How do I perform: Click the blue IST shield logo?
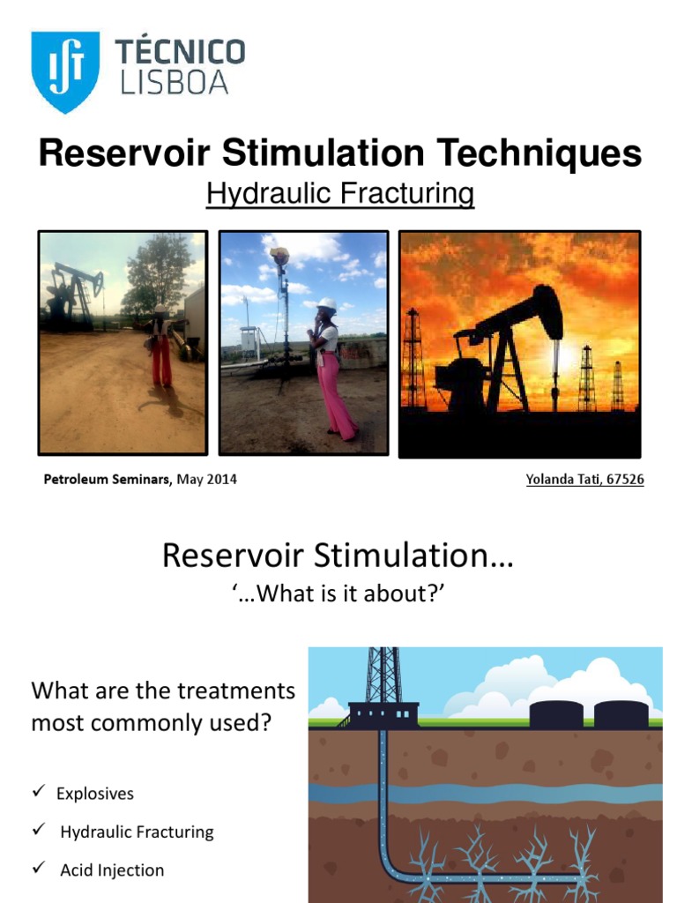tap(65, 71)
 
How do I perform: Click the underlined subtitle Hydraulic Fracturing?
tap(340, 193)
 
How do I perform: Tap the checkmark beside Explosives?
tap(39, 792)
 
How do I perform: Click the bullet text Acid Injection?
tap(112, 870)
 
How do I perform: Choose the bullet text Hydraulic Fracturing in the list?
tap(137, 832)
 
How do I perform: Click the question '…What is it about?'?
tap(338, 594)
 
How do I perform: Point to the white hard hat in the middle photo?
tap(327, 303)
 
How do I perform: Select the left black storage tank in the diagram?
tap(555, 713)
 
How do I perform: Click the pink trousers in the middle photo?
tap(336, 392)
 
